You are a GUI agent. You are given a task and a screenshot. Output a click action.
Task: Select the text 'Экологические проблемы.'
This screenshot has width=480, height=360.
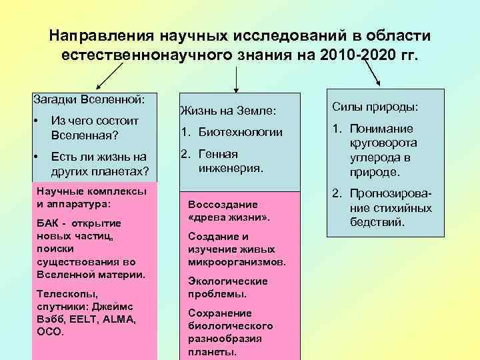coord(227,287)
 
